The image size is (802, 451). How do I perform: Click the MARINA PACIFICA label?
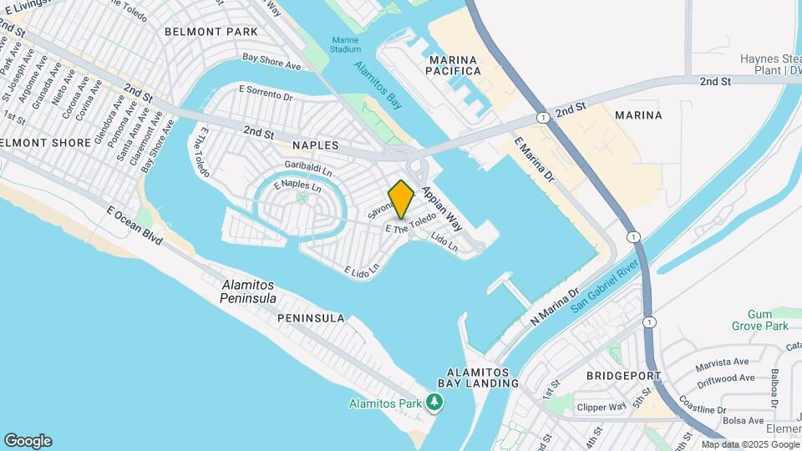454,65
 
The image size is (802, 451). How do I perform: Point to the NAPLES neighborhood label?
315,145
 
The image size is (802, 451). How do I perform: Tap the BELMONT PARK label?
211,32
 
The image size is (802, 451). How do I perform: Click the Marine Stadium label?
345,44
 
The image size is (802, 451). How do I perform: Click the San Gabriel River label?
605,285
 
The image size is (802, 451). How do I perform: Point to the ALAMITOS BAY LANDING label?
483,378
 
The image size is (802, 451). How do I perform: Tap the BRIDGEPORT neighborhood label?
624,376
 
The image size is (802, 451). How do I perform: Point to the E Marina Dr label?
535,160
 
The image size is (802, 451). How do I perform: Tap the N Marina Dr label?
554,308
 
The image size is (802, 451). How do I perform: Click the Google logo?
28,441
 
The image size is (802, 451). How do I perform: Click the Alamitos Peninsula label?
248,291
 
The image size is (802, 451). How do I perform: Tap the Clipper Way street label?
601,408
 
